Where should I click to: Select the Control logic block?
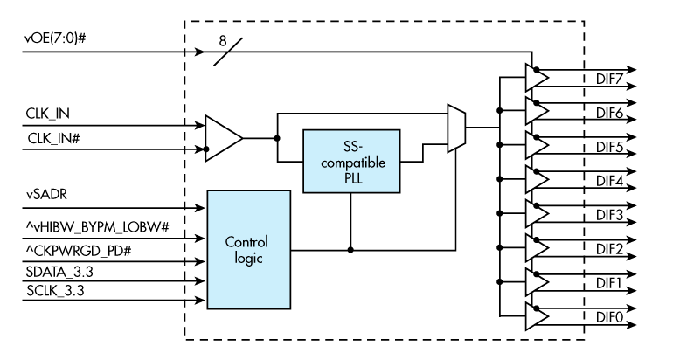247,248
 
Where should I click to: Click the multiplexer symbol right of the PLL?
455,129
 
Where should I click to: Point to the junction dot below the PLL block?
350,249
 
